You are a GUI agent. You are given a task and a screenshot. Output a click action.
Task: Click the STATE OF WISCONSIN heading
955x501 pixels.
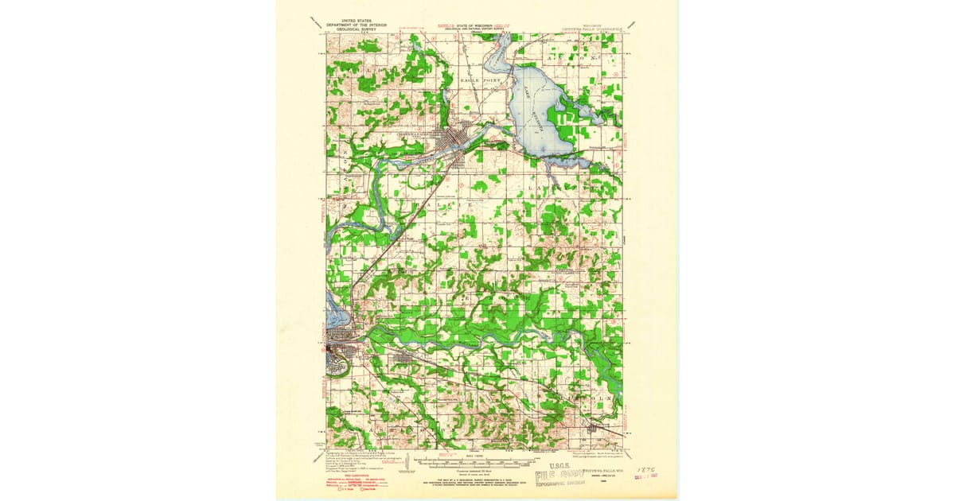pos(475,26)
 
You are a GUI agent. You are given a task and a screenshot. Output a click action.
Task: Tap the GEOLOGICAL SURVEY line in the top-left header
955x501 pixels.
pos(356,30)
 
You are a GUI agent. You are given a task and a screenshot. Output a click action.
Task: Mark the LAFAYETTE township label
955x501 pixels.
pos(549,188)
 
